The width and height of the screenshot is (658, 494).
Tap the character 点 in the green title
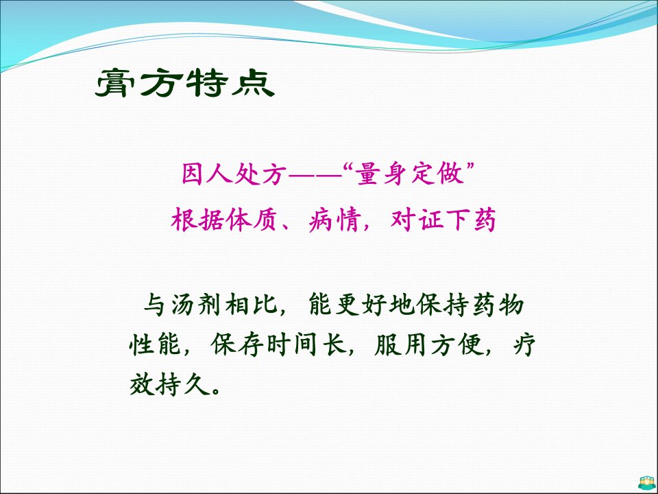pos(254,83)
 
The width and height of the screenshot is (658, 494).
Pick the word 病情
pos(334,220)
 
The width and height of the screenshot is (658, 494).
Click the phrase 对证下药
pos(443,220)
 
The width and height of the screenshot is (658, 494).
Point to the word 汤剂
pos(196,305)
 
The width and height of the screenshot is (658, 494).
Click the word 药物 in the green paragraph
pos(499,305)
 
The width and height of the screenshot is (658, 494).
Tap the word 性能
pos(156,345)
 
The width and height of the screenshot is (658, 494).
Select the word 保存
pos(237,345)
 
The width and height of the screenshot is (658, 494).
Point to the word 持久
pos(182,384)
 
